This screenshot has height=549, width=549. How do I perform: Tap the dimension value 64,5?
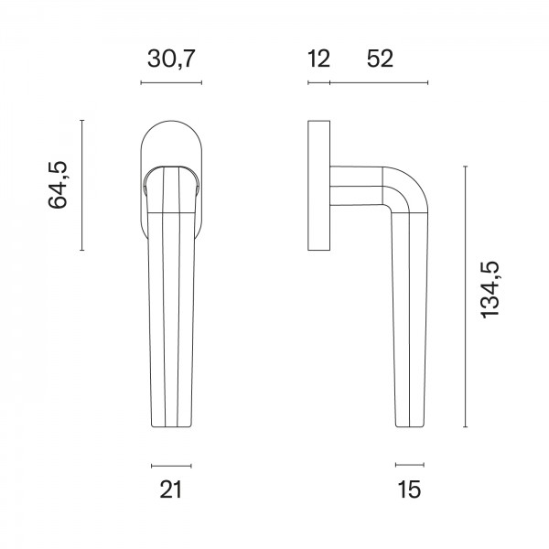(59, 185)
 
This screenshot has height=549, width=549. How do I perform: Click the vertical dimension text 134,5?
(490, 289)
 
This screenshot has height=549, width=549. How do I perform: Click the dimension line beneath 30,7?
(171, 83)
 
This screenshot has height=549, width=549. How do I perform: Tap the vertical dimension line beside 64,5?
(82, 185)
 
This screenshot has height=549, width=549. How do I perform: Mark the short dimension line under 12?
(318, 83)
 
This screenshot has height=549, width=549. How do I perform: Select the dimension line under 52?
(379, 83)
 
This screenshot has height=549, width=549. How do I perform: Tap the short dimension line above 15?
(409, 465)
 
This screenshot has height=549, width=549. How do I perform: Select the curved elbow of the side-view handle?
(401, 183)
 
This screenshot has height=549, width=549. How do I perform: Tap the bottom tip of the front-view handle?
(171, 424)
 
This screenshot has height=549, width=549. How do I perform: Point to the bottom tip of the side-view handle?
(410, 424)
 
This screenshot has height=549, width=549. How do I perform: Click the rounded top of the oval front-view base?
(171, 124)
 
